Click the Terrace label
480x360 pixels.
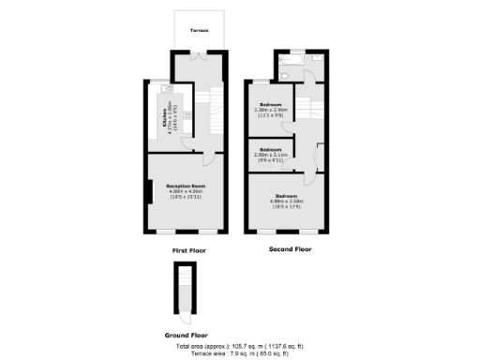pyautogui.click(x=200, y=32)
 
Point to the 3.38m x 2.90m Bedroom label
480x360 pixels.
pyautogui.click(x=273, y=108)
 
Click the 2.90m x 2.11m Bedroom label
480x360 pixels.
pyautogui.click(x=271, y=153)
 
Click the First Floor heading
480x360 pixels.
pyautogui.click(x=188, y=251)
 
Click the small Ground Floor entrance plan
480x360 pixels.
pyautogui.click(x=185, y=290)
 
